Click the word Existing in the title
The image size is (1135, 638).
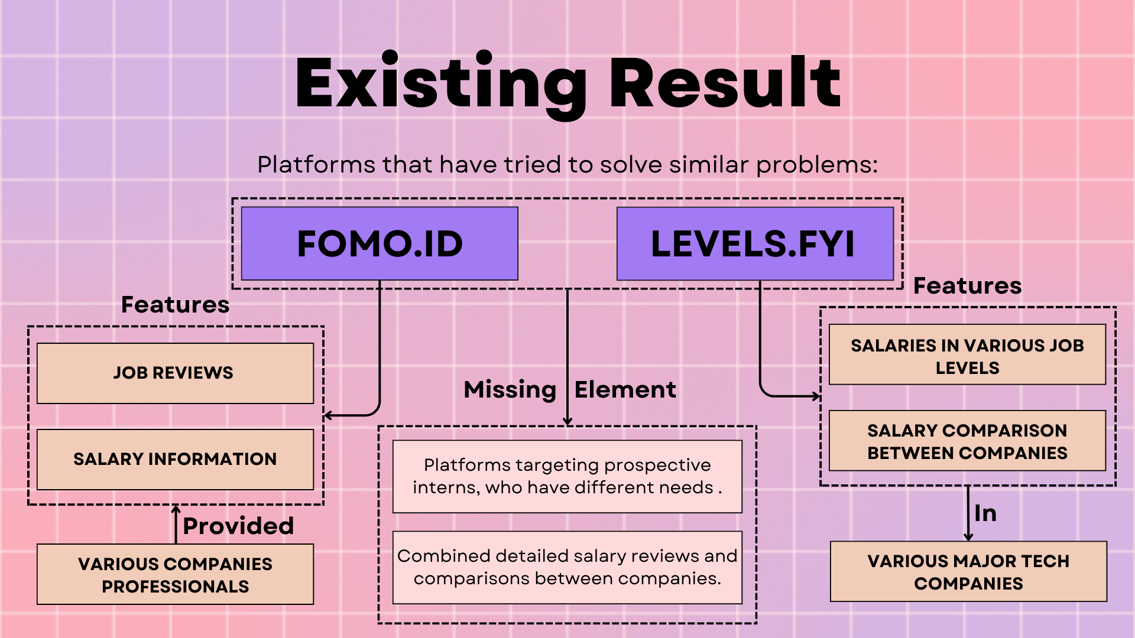coord(440,84)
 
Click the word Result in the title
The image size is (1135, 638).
coord(725,83)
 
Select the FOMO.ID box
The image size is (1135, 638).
coord(380,243)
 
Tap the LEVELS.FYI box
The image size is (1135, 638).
coord(754,243)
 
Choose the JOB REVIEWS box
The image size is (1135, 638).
coord(175,373)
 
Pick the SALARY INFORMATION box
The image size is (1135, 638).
coord(175,459)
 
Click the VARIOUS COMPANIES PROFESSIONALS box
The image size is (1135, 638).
coord(175,574)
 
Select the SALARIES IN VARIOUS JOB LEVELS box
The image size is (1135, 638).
coord(967,354)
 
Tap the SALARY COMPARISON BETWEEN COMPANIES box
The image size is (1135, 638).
coord(967,441)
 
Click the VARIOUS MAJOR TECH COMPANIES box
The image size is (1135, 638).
coord(968,571)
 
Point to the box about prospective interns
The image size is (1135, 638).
coord(567,476)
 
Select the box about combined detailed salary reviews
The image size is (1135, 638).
coord(567,567)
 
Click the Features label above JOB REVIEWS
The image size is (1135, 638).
coord(175,305)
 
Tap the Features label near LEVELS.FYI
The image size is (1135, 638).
coord(967,286)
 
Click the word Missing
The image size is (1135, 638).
coord(510,390)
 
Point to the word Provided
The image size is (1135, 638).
coord(238,526)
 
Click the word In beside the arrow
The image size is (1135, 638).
coord(985,513)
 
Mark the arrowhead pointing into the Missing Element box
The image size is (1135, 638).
coord(567,421)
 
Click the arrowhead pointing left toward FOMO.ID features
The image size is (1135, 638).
coord(328,416)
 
